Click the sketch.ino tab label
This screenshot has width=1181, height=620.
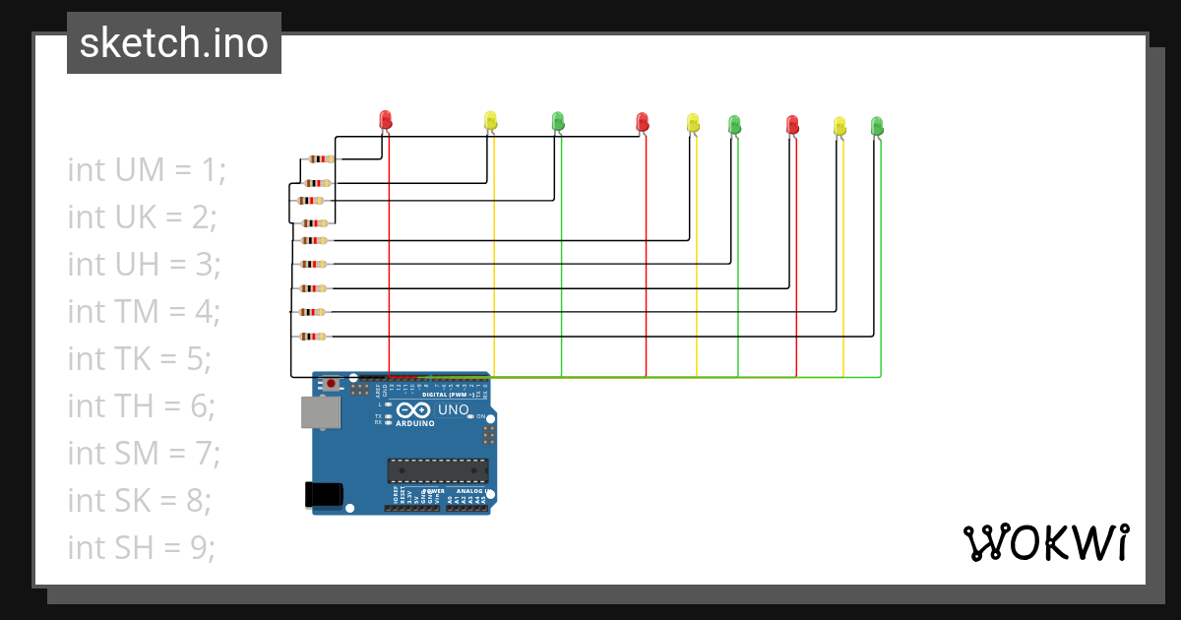(x=174, y=43)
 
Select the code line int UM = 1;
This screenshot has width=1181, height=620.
(x=147, y=169)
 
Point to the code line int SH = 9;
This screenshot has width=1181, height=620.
(x=141, y=547)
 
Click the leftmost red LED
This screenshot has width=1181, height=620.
(x=386, y=119)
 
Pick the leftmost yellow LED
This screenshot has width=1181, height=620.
(x=490, y=120)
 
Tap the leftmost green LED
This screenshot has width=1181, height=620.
(x=558, y=120)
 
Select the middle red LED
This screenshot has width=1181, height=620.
(x=643, y=121)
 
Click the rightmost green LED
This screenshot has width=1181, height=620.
(x=877, y=125)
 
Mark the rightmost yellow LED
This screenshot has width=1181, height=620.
(x=839, y=125)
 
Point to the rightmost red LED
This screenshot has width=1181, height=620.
(x=792, y=124)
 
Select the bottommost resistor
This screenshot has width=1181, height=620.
(x=313, y=337)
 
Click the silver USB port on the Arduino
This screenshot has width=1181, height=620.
(x=320, y=413)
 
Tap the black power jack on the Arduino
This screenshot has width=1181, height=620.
(x=324, y=494)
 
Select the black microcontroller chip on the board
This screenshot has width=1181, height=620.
(x=437, y=471)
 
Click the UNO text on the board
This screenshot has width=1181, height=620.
(x=453, y=409)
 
